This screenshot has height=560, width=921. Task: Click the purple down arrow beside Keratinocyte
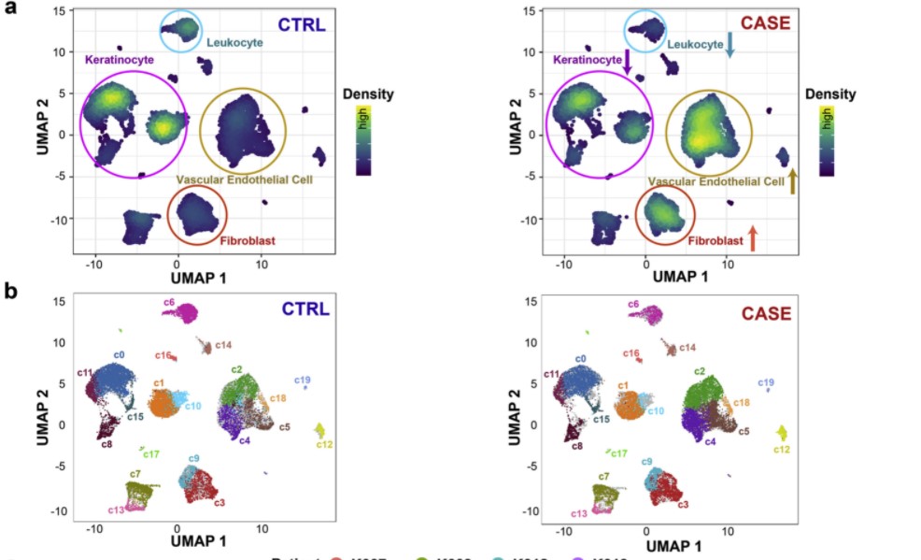(x=628, y=62)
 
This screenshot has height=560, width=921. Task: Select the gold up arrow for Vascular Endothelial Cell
(x=792, y=180)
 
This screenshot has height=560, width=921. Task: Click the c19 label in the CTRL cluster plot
(x=303, y=380)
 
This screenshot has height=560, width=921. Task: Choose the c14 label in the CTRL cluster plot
(x=223, y=346)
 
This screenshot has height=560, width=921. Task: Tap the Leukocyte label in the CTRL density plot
(x=234, y=42)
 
